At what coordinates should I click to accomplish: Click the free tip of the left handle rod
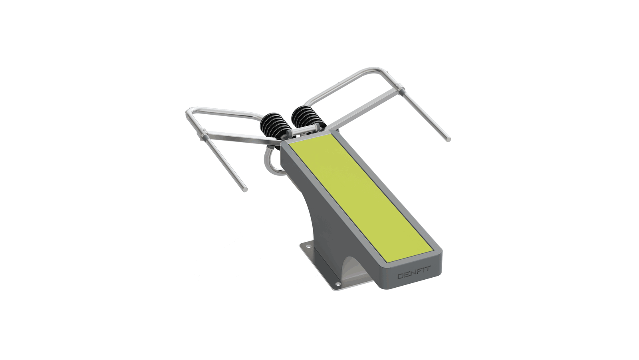coord(245,189)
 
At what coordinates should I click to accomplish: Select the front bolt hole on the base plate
coord(338,284)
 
